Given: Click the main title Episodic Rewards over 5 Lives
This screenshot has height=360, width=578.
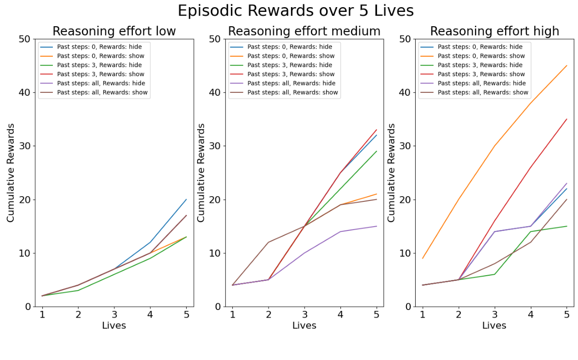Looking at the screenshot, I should point(295,11).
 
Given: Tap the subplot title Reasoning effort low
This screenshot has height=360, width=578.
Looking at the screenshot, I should point(114,31).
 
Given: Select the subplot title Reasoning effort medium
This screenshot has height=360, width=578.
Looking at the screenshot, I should point(304,31).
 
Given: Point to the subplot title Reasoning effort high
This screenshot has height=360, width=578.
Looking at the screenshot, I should point(494,31).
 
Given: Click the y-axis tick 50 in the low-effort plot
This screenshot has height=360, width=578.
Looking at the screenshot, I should point(25,39).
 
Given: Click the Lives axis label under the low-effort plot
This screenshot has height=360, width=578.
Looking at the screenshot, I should point(114,326).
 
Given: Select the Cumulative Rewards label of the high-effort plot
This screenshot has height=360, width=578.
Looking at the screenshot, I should point(391,172).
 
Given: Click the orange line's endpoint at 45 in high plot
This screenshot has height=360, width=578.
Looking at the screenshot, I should point(567,66).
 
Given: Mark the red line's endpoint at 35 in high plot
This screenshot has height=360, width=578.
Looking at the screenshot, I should point(567,119).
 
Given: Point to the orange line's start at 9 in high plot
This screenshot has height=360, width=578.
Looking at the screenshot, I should point(422,258).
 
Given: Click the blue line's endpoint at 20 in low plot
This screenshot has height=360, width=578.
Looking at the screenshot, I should point(186,200).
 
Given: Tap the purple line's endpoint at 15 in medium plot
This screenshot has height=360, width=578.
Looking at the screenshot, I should point(376,226).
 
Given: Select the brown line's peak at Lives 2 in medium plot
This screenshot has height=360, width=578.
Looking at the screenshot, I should point(268,242).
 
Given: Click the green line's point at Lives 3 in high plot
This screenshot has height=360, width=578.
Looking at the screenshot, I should point(494,274).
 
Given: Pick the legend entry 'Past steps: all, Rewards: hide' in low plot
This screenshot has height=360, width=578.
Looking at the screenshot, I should point(101,83).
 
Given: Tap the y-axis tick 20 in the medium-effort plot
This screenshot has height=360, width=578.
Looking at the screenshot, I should point(215,200).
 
